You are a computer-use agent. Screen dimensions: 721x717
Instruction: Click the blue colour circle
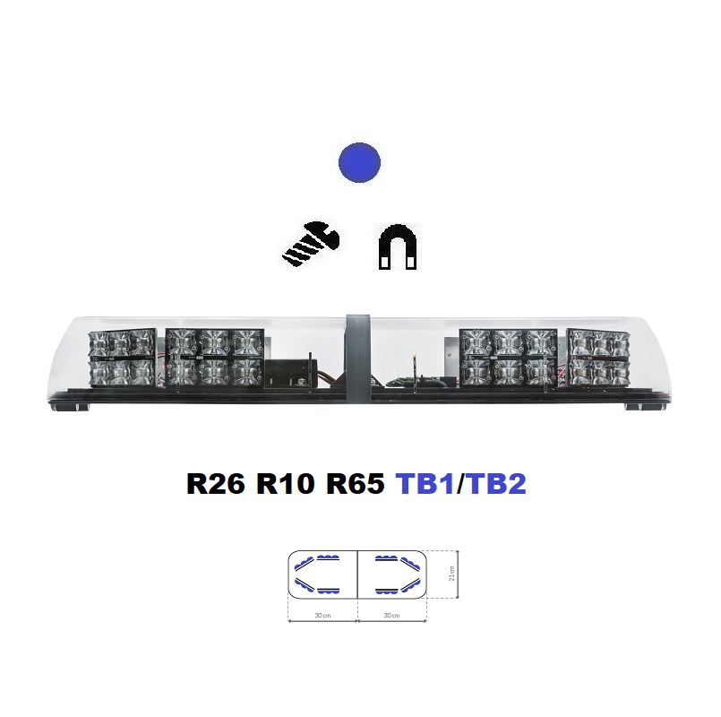click(359, 162)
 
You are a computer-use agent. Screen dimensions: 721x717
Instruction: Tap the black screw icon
click(311, 244)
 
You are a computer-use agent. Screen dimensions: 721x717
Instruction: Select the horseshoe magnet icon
click(398, 246)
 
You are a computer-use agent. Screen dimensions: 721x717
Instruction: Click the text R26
click(216, 484)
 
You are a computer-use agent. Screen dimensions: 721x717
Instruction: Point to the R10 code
click(285, 484)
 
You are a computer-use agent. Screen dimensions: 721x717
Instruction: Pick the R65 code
click(355, 484)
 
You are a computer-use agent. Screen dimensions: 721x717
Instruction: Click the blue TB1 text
click(425, 484)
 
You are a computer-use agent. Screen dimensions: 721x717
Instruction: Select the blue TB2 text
click(497, 484)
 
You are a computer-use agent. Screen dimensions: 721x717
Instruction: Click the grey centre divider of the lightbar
click(358, 358)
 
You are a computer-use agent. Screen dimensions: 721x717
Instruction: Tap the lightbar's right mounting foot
click(645, 407)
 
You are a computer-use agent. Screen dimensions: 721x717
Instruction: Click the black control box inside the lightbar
click(288, 373)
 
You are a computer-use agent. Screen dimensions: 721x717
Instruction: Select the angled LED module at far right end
click(598, 357)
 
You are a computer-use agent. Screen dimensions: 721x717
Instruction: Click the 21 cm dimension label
click(451, 574)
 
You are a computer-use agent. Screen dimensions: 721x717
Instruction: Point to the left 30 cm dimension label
click(322, 616)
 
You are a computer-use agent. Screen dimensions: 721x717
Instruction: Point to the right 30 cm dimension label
click(391, 616)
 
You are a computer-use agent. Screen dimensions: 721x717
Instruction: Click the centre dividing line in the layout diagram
click(357, 574)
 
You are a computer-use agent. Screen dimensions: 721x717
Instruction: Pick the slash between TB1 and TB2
click(461, 484)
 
